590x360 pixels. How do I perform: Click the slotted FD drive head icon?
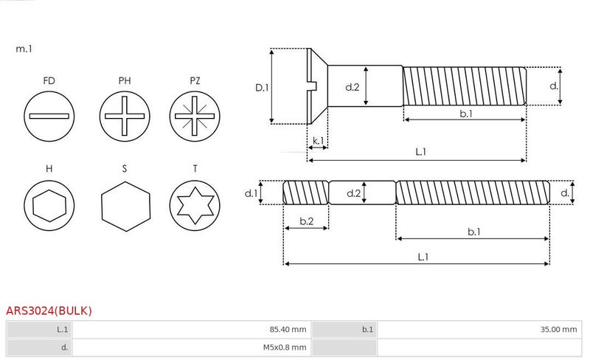click(x=49, y=117)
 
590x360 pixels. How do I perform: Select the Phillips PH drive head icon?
click(x=124, y=117)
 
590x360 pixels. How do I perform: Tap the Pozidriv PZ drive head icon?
click(x=195, y=117)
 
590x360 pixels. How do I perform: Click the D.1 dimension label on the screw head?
click(x=262, y=87)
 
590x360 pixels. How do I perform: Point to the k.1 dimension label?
click(x=318, y=140)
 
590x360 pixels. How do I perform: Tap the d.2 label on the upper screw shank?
click(x=353, y=87)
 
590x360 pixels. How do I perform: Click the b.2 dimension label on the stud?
click(x=306, y=221)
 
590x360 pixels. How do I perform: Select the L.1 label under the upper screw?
click(x=421, y=152)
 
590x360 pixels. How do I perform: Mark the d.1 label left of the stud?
click(x=251, y=193)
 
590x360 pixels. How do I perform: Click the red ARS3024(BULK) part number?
click(x=49, y=311)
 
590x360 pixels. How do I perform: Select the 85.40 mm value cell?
click(x=191, y=330)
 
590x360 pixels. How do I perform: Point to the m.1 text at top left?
click(x=24, y=49)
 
